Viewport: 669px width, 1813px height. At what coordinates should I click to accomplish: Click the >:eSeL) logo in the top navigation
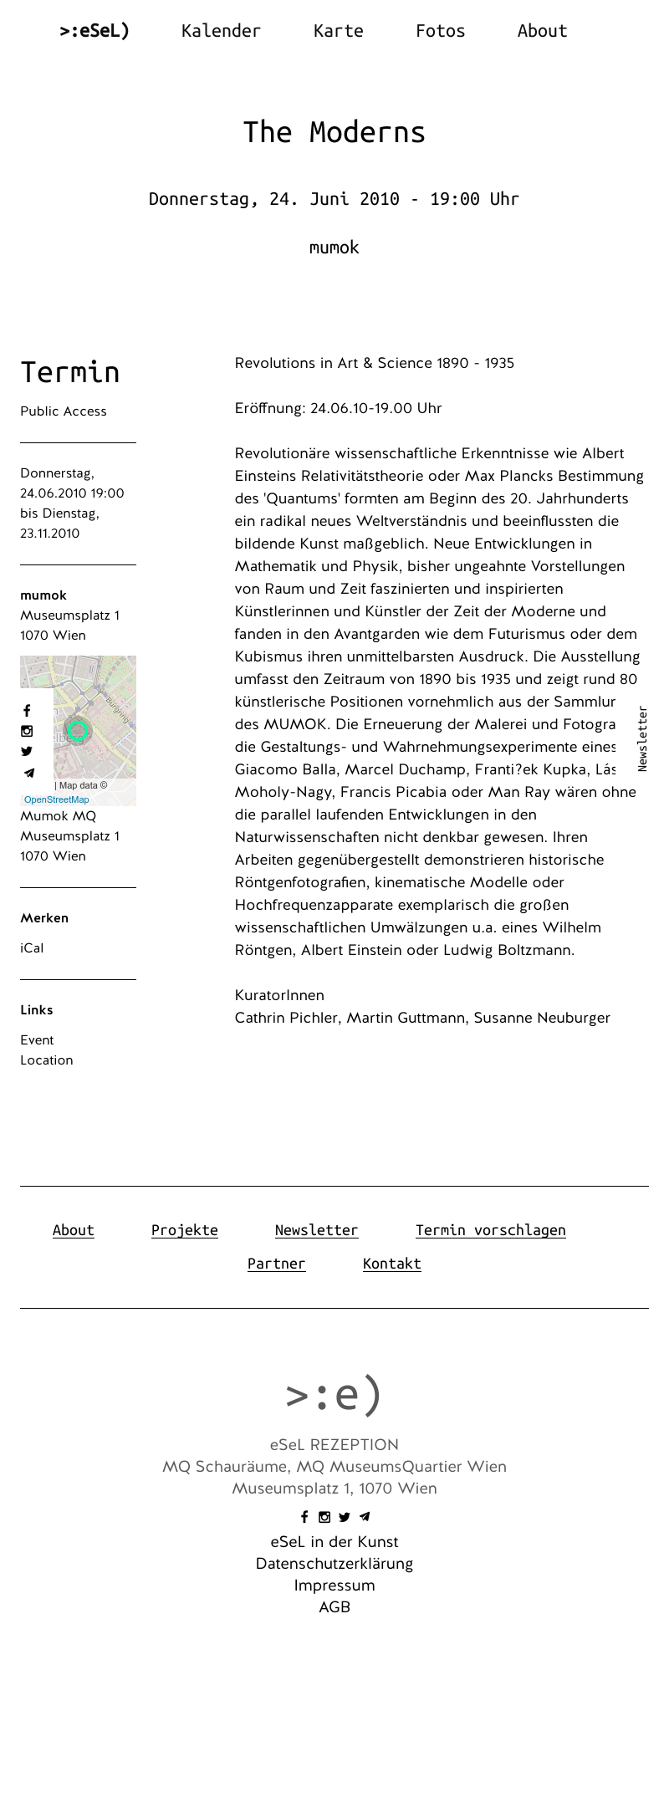(94, 31)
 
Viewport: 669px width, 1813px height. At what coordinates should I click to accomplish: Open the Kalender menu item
(221, 31)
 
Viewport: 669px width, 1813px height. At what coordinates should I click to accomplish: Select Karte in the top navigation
(338, 31)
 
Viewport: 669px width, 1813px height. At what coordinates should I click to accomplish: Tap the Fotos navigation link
(440, 31)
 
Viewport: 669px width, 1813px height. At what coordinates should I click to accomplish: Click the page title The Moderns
(334, 132)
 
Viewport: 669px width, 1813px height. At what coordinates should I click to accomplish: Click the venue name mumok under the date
(334, 248)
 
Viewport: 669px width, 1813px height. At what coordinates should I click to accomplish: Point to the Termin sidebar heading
(70, 372)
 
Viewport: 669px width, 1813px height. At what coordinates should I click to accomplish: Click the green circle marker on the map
(78, 731)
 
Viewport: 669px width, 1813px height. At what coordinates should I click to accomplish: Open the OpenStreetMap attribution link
(56, 799)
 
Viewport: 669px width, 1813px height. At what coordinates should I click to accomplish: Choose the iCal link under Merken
(32, 948)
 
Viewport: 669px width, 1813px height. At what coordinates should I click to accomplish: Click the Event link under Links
(37, 1040)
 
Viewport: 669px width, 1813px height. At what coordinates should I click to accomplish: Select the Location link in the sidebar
(47, 1060)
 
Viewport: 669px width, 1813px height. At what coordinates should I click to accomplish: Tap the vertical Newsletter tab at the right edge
(642, 738)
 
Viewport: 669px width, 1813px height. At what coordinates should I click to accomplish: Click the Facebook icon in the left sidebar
(27, 711)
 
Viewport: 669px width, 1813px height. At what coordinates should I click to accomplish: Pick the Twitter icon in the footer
(345, 1517)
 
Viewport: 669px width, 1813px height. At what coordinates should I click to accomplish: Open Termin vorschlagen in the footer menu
(491, 1230)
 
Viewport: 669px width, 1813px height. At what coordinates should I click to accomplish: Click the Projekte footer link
(185, 1230)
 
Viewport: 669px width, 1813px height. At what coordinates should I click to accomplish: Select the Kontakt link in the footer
(392, 1264)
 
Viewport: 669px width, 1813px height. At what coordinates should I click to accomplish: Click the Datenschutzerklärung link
(334, 1564)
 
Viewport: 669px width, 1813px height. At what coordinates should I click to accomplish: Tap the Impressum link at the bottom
(334, 1586)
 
